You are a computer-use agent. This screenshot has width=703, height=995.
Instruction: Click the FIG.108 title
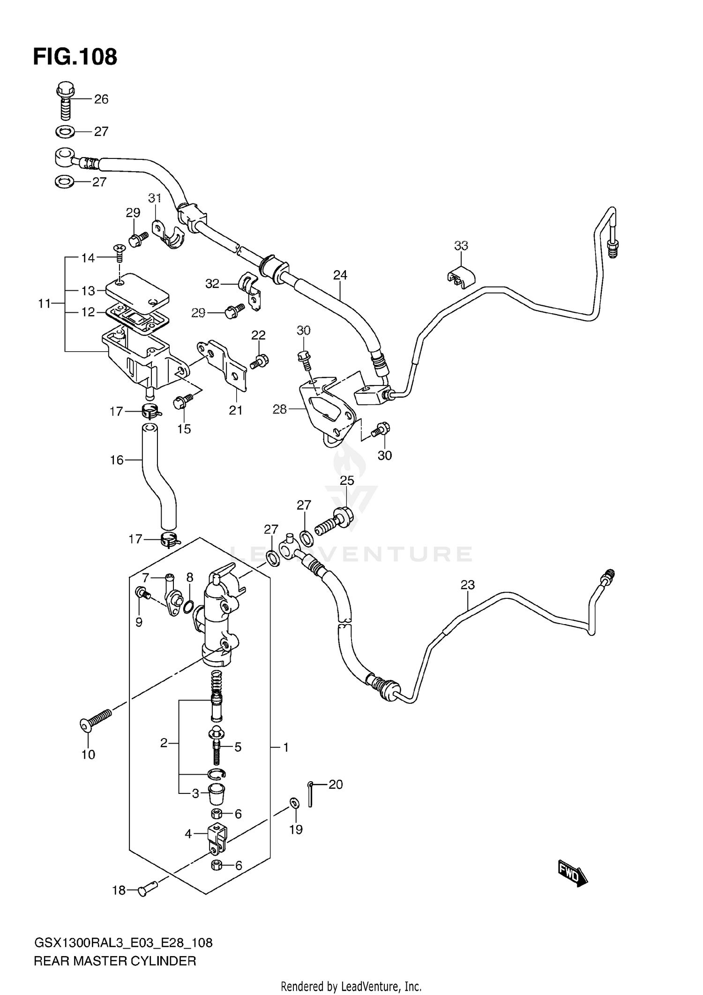75,57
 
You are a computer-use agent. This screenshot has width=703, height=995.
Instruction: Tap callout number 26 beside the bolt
101,99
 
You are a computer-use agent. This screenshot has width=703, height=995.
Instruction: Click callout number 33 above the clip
461,246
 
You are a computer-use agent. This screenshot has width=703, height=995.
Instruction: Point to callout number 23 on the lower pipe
467,585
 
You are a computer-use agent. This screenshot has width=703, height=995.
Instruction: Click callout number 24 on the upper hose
340,275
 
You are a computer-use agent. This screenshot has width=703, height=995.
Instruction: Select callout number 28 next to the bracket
280,409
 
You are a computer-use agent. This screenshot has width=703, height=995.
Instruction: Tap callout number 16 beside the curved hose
117,460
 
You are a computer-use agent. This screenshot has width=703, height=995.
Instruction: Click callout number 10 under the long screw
88,754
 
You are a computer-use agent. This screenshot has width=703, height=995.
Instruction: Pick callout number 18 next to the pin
119,890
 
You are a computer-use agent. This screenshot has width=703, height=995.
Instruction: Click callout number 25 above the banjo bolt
347,481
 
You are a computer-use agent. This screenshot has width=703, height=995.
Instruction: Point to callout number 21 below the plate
236,410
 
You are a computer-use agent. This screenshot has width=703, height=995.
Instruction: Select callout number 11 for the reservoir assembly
45,304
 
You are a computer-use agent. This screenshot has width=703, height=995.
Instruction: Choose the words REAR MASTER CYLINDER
115,961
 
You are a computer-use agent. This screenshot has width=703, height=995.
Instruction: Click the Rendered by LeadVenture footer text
351,986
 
